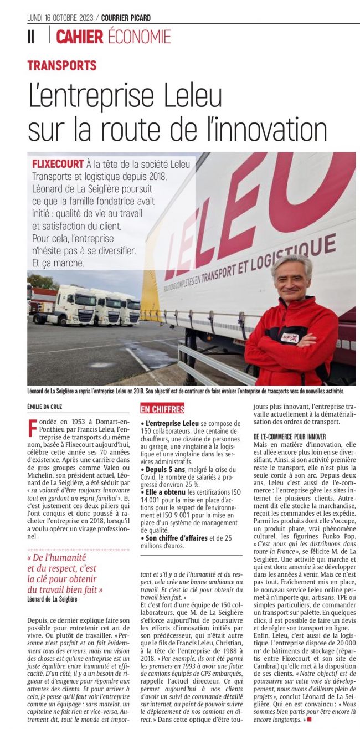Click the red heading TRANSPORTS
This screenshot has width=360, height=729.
62,65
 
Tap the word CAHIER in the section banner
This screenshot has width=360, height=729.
80,37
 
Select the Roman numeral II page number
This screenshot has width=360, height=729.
31,37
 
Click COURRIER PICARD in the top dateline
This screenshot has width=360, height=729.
126,18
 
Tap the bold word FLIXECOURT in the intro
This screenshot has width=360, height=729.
58,165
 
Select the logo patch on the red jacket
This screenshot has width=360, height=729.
290,337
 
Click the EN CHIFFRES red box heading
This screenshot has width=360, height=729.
162,409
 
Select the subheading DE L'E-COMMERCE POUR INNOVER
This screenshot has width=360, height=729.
292,437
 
